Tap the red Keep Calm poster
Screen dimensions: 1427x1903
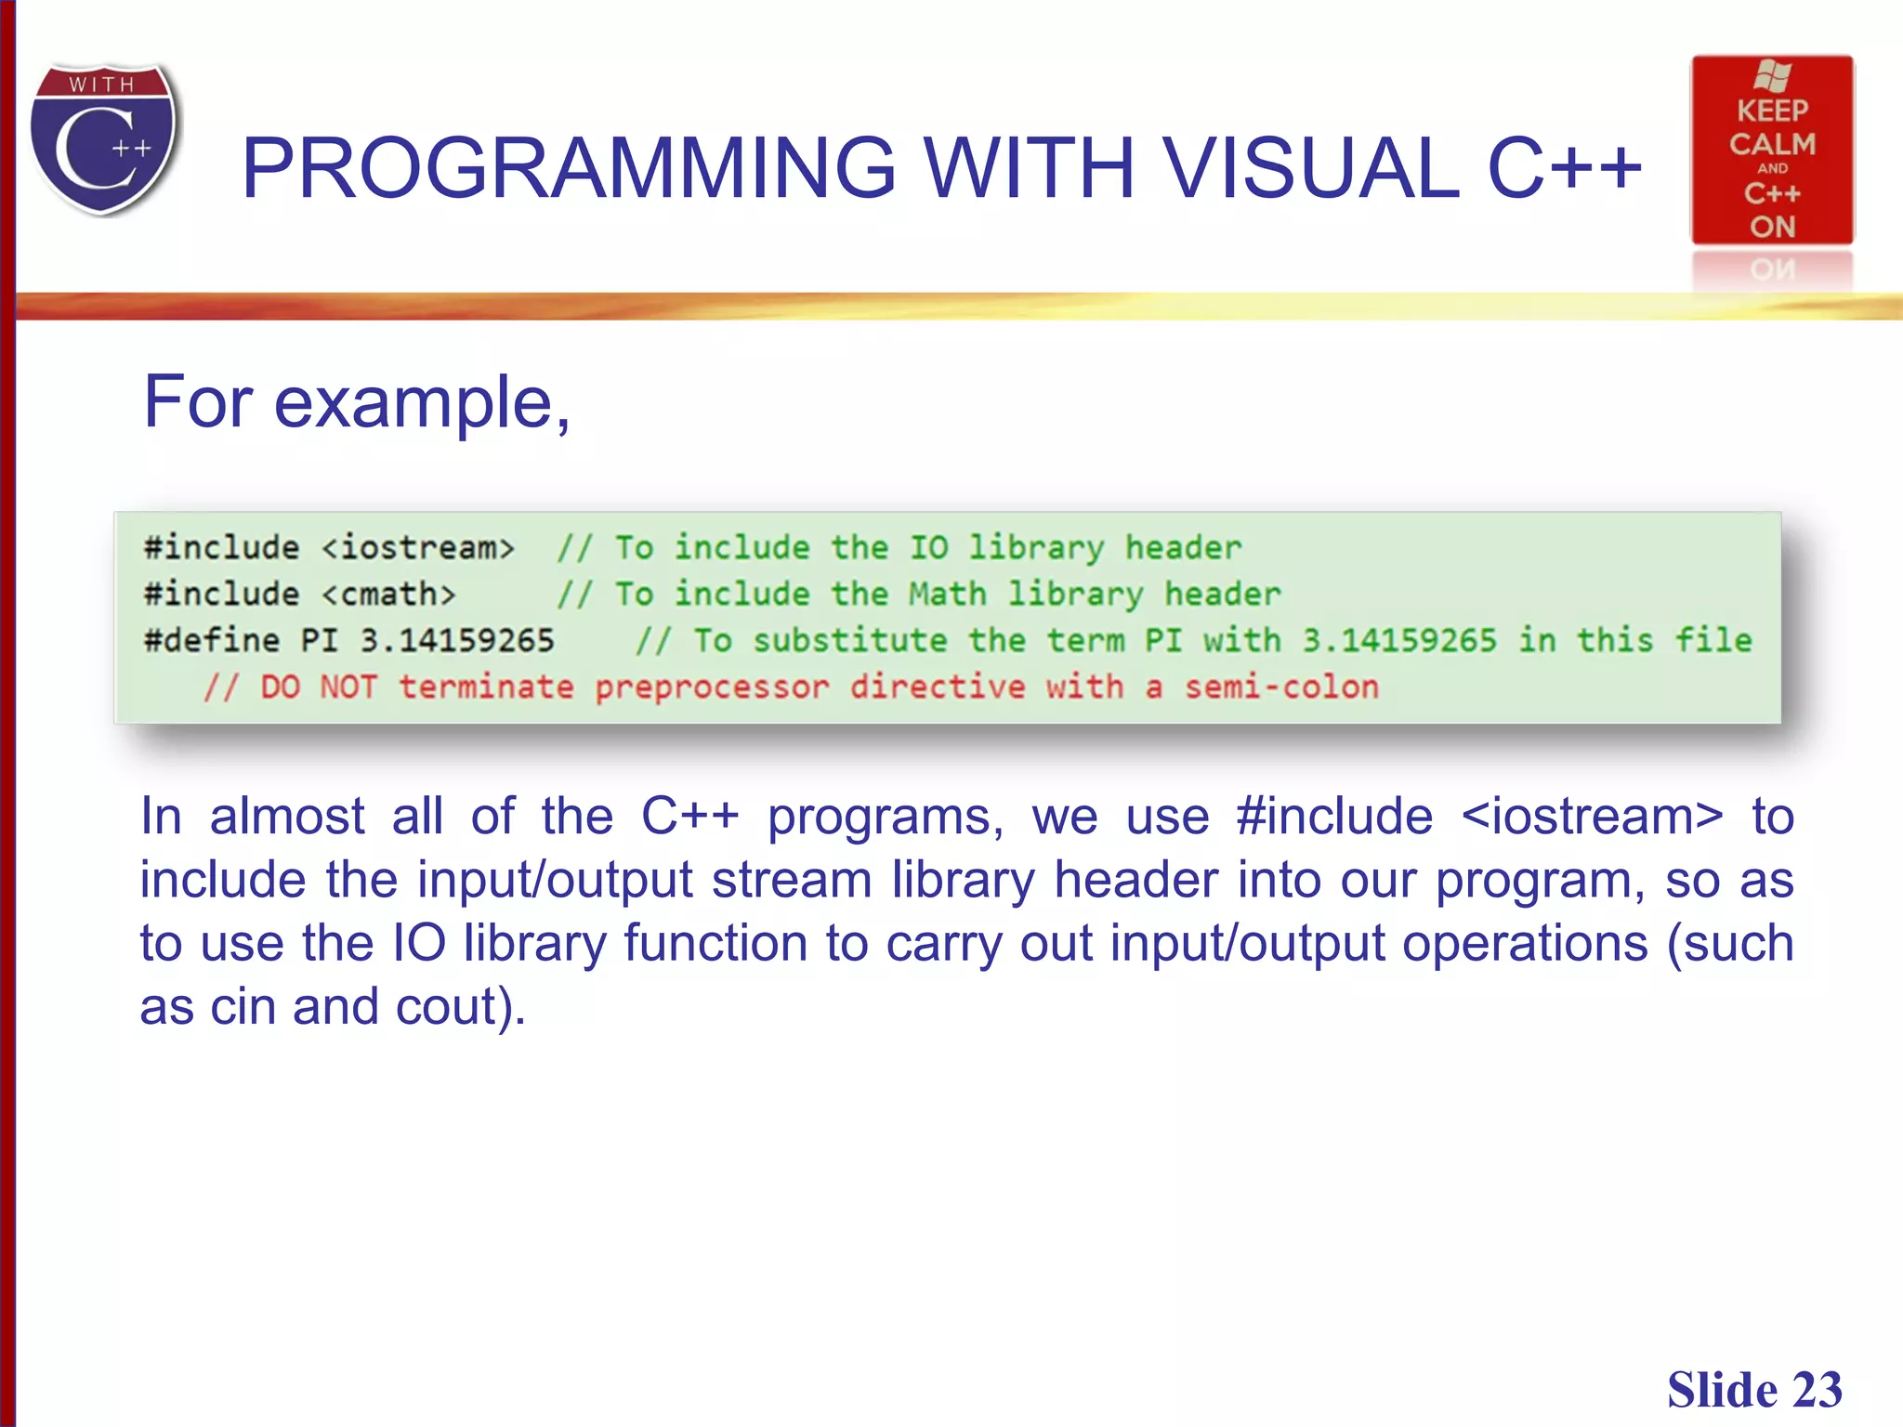tap(1772, 151)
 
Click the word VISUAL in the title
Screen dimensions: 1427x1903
tap(1310, 168)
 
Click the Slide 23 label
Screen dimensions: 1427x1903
tap(1753, 1390)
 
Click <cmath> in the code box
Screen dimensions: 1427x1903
tap(389, 594)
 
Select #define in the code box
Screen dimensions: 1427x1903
tap(211, 640)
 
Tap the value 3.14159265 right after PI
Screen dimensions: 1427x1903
tap(456, 640)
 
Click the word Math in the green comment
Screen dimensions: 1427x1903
tap(947, 594)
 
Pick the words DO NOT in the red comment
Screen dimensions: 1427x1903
tap(319, 687)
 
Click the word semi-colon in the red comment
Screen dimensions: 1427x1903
tap(1281, 687)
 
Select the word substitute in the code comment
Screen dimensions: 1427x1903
tap(849, 640)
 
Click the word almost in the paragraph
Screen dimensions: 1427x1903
tap(287, 818)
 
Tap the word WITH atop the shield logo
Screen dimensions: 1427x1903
tap(102, 85)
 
